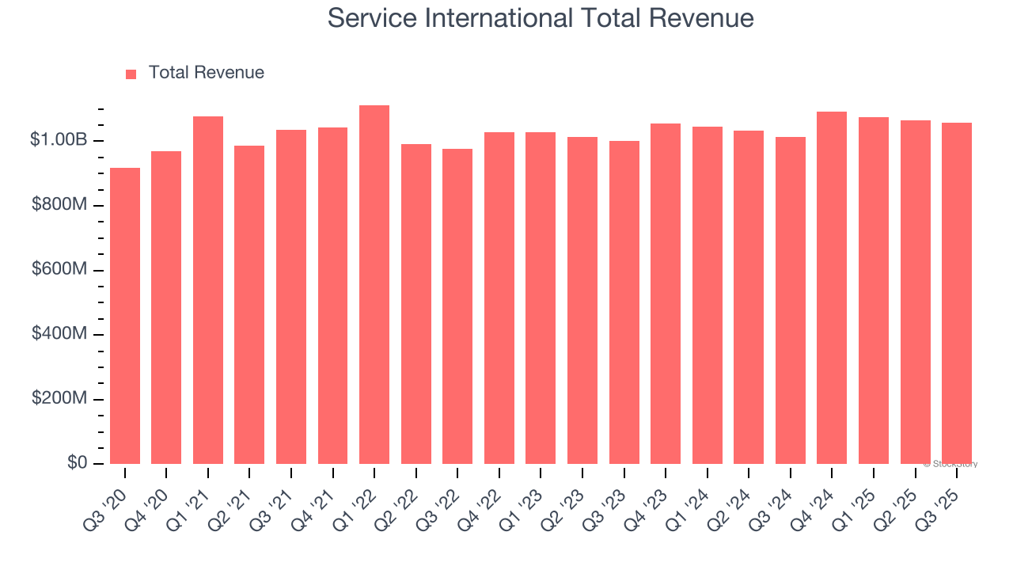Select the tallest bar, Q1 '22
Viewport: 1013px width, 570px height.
tap(374, 284)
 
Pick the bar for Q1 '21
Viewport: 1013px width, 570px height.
tap(208, 290)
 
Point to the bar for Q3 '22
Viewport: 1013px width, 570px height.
tap(457, 306)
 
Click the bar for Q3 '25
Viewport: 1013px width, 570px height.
tap(957, 293)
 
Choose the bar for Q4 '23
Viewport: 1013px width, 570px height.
tap(666, 293)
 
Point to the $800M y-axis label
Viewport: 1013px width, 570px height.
tap(59, 205)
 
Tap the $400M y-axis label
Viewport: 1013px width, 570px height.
tap(59, 334)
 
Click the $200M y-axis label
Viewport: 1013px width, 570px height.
tap(59, 398)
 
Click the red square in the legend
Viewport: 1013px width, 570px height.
tap(131, 74)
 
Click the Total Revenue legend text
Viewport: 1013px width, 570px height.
tap(206, 73)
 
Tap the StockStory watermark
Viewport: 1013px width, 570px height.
tap(951, 464)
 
